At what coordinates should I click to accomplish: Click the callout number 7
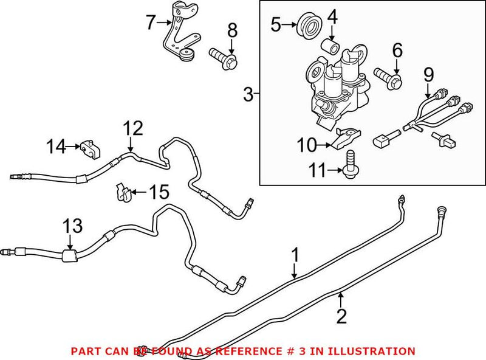[x=151, y=23]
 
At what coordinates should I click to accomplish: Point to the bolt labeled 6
[x=387, y=78]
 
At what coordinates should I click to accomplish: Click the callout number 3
[x=247, y=94]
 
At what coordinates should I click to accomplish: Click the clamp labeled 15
[x=122, y=192]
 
